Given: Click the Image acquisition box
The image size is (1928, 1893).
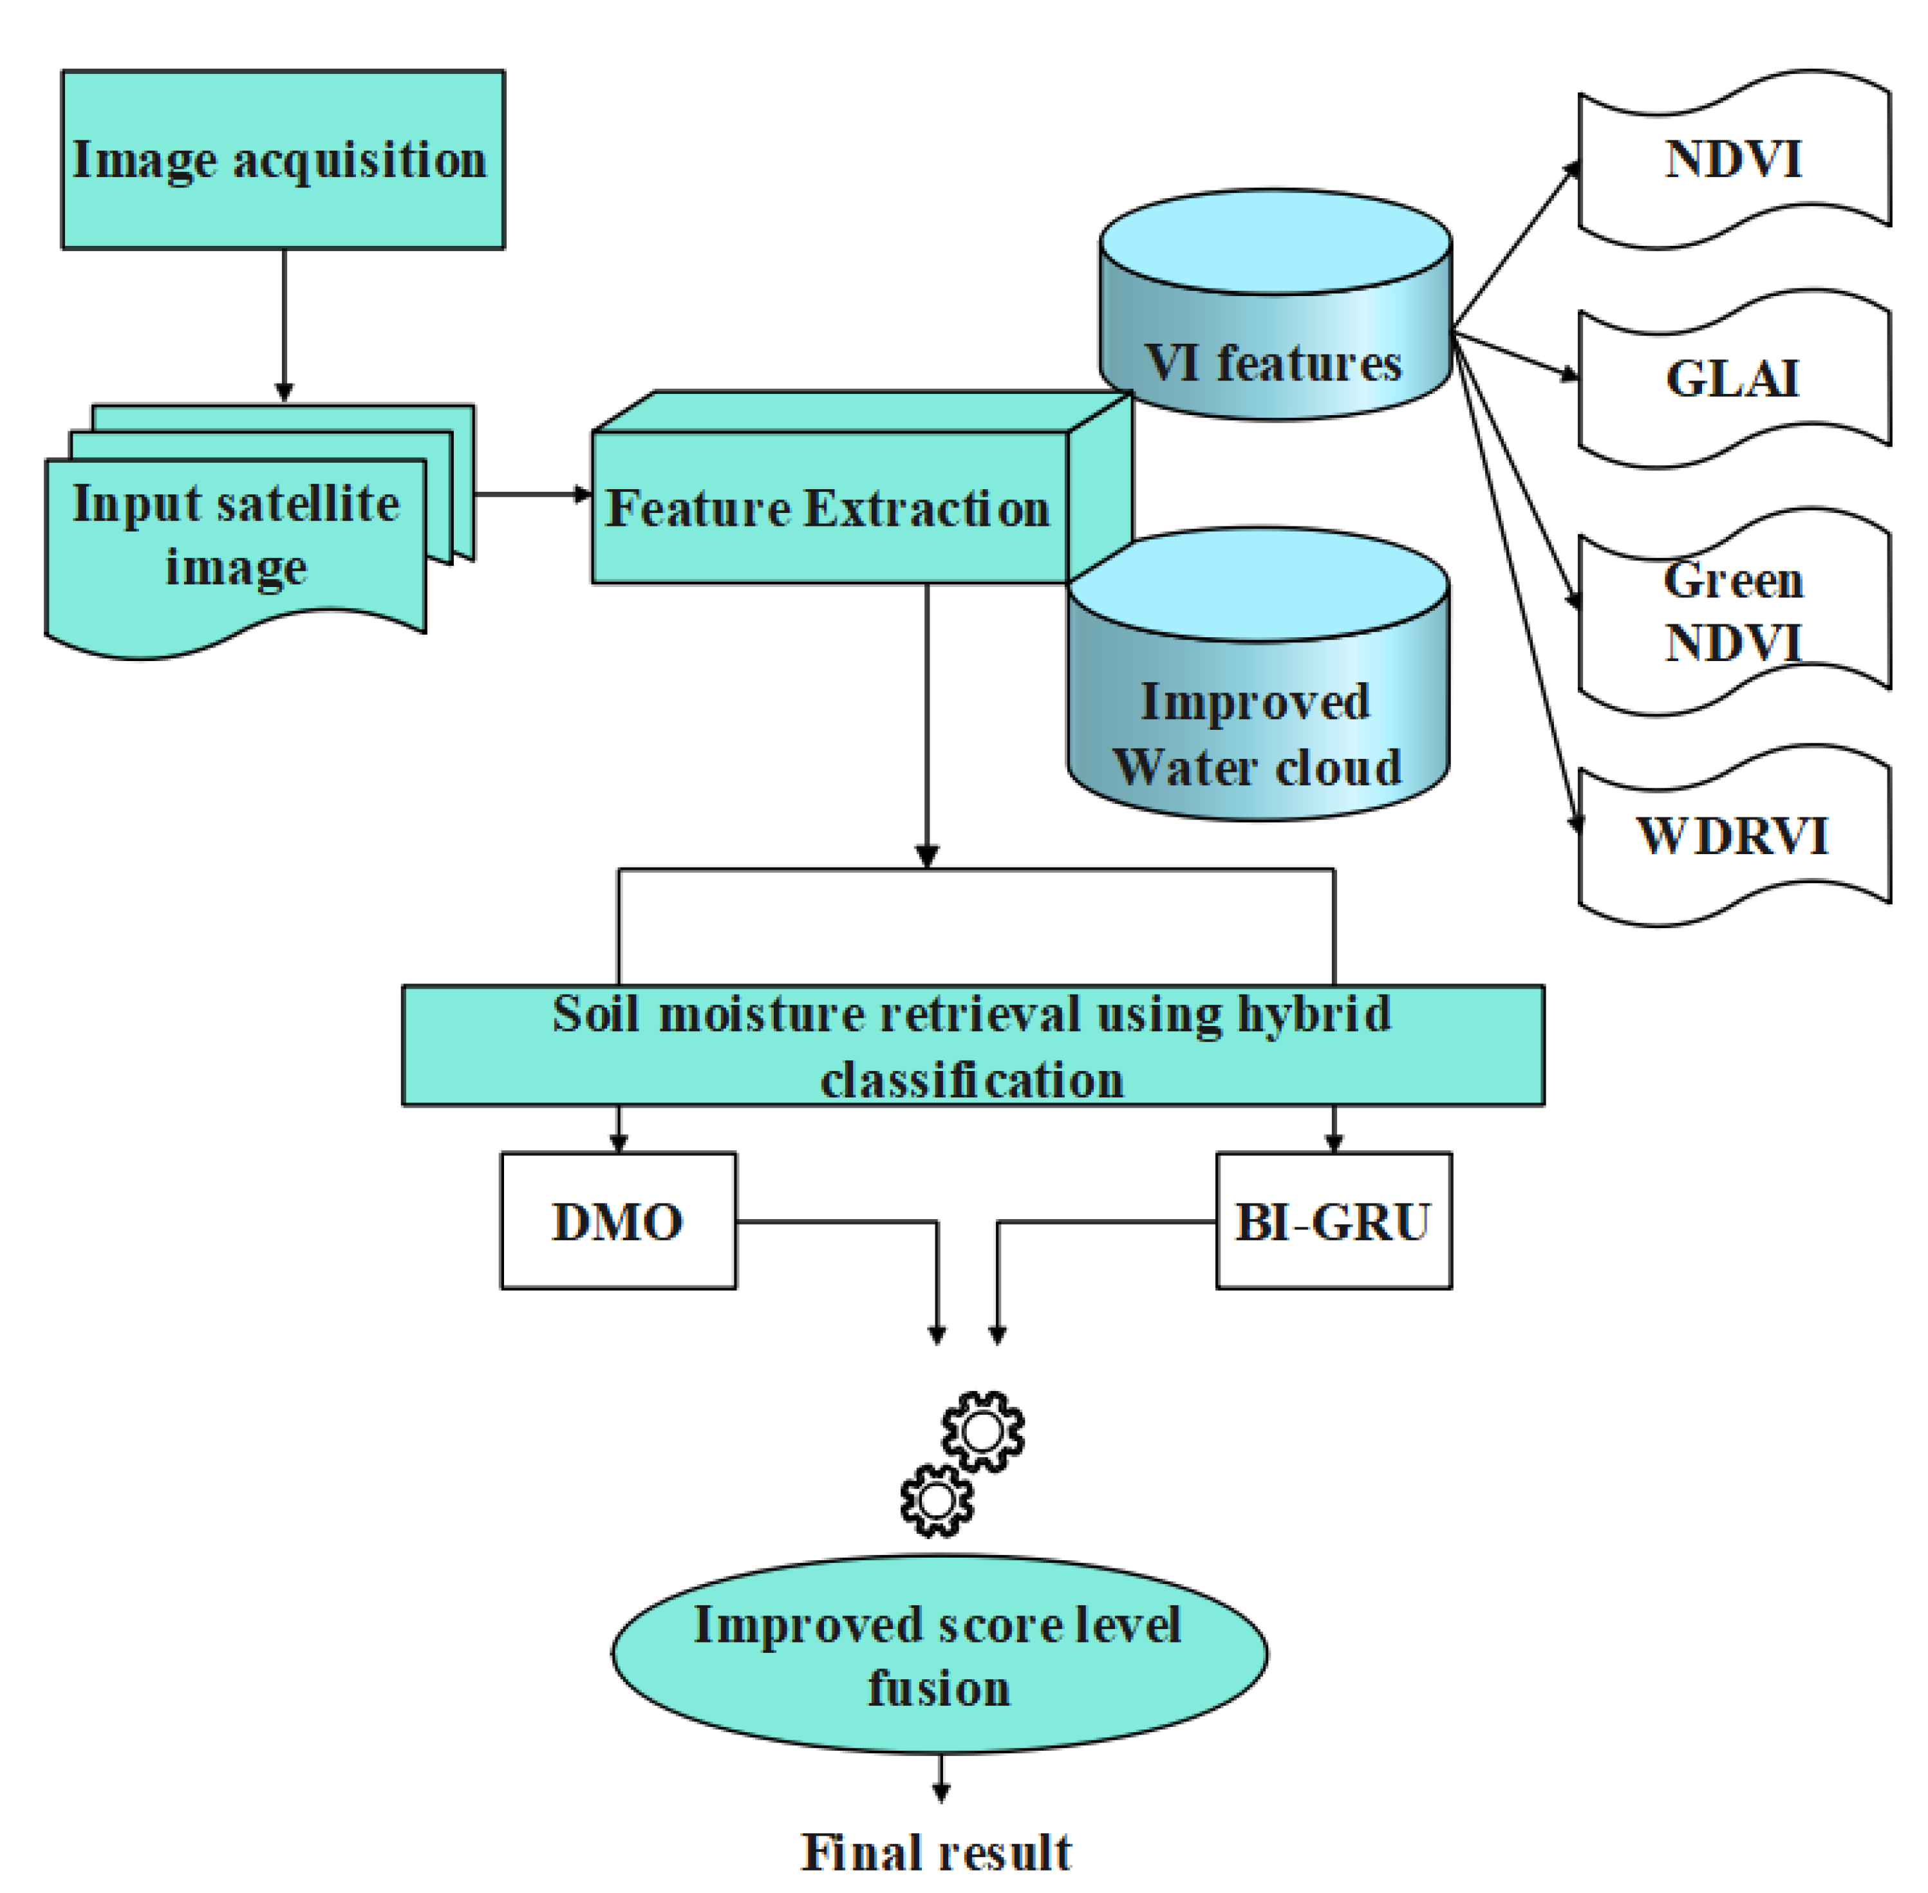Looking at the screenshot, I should click(x=283, y=159).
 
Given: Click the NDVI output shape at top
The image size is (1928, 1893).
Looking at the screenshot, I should click(x=1733, y=159).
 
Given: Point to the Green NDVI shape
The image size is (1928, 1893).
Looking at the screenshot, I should click(x=1733, y=611).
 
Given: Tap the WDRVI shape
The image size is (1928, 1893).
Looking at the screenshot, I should click(x=1733, y=836).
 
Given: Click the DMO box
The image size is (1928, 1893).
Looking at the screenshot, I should click(x=617, y=1221).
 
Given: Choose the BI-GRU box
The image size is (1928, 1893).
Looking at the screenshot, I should click(x=1333, y=1221).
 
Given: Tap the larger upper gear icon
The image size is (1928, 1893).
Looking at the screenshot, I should click(x=982, y=1431).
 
